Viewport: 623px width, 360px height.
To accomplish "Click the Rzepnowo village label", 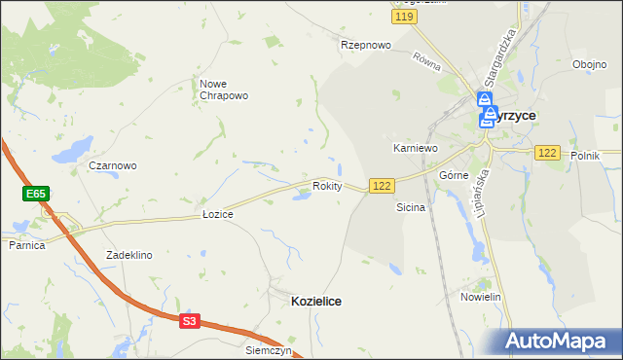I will point(365,45).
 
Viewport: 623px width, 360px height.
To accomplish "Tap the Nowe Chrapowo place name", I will point(225,90).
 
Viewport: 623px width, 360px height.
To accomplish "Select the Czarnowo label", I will point(113,165).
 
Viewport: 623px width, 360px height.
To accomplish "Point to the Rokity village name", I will point(327,186).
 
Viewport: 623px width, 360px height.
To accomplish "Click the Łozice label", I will point(217,213).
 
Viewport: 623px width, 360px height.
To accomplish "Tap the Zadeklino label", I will point(129,255).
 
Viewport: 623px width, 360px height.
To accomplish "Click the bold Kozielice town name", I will point(316,302).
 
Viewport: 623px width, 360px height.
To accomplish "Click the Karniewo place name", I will point(415,148).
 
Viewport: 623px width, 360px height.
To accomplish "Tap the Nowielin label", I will point(480,296).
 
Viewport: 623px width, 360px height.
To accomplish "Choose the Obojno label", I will point(590,65).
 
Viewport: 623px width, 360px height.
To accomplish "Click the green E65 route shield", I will point(36,195).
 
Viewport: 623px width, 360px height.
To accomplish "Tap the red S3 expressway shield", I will point(190,320).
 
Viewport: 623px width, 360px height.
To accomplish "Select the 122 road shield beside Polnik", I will point(546,153).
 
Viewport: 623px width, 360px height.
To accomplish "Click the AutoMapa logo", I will point(555,342).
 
